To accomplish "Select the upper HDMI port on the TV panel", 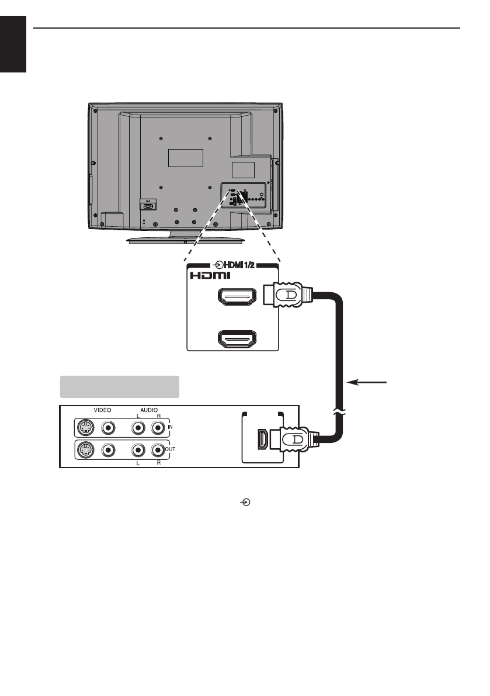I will [237, 299].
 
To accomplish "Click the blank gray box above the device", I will [119, 387].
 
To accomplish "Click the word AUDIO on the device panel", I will [147, 410].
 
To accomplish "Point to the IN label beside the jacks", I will [169, 428].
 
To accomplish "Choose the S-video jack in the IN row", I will [85, 428].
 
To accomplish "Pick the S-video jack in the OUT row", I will [85, 451].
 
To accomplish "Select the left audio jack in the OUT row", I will [138, 451].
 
